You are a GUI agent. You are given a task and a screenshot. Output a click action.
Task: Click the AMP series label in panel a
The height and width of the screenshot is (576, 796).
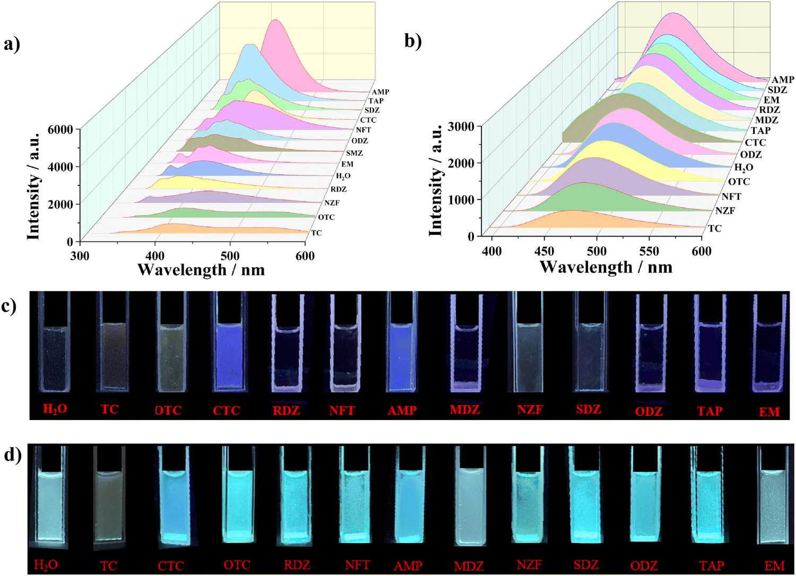click(x=380, y=92)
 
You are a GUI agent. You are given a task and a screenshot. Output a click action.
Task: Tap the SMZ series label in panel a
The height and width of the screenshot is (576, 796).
click(x=354, y=153)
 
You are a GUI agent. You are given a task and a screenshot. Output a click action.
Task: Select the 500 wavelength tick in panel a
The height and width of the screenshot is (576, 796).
click(x=230, y=256)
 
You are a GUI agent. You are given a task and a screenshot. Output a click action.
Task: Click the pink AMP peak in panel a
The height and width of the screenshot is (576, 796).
click(x=275, y=32)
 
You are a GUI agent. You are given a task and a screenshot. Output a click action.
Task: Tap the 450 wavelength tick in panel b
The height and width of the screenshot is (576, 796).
click(x=544, y=251)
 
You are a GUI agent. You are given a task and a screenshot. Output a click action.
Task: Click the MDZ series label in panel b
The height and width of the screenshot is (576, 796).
click(x=766, y=120)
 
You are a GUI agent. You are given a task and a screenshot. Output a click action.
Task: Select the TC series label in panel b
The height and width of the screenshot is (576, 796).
click(x=715, y=228)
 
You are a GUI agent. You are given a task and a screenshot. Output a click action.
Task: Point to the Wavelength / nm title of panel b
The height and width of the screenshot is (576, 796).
click(x=606, y=266)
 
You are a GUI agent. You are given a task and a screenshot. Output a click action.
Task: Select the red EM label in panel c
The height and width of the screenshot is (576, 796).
click(x=769, y=412)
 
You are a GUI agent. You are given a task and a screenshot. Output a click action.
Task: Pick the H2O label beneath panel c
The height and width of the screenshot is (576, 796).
click(x=55, y=409)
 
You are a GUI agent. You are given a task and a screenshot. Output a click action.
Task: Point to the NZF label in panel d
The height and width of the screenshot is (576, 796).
click(x=529, y=565)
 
